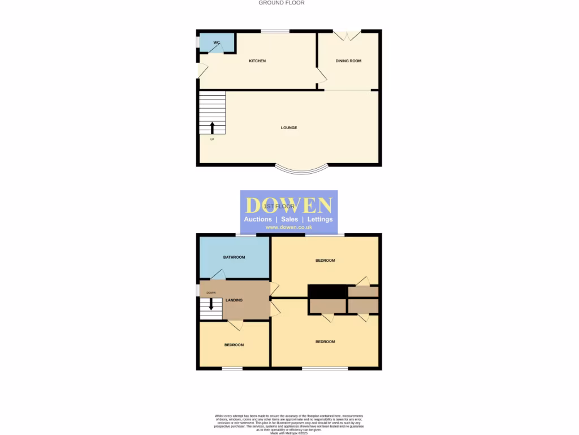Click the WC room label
pos(216,42)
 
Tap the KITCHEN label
pos(257,61)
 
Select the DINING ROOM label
pos(348,61)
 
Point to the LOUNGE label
pos(289,127)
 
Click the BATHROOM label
pos(234,257)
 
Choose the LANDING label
pos(234,300)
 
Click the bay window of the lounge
pos(301,169)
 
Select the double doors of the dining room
pos(347,35)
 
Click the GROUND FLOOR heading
pos(282,3)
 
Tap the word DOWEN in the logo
pos(288,205)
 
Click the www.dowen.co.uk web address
pos(288,227)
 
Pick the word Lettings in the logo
pos(320,219)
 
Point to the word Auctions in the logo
pos(257,219)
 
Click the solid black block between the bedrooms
pos(327,291)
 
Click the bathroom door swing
pos(218,274)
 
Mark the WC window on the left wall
pos(198,42)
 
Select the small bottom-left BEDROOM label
pos(234,345)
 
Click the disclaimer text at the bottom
pos(289,424)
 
